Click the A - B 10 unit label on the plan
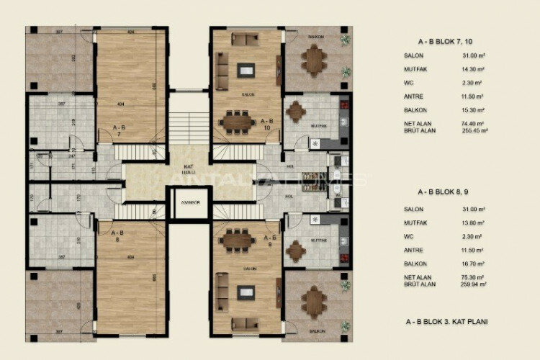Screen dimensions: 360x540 tap(267, 125)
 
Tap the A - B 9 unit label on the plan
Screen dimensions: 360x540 tap(270, 240)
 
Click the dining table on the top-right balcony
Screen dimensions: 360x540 tap(314, 60)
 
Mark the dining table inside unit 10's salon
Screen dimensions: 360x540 tap(238, 122)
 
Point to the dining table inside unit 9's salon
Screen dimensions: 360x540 tap(237, 239)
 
